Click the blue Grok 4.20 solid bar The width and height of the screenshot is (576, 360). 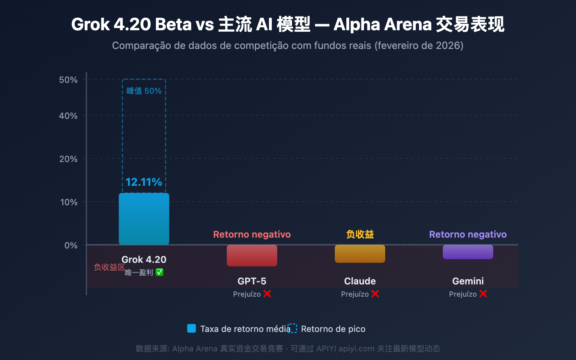144,219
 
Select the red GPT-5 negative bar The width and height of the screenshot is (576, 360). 252,256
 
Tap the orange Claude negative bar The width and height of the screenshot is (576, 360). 360,254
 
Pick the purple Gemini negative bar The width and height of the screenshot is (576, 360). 468,252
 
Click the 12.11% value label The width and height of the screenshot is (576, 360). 144,182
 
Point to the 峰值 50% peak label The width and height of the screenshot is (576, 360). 144,91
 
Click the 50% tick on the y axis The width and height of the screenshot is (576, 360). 68,80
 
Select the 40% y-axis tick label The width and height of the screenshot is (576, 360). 68,116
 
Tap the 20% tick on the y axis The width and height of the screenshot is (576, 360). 68,159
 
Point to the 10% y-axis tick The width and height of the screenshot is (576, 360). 69,202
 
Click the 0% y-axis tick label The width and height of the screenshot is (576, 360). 71,246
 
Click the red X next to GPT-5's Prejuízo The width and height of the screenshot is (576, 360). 267,294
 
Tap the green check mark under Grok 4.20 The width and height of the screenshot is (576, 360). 159,273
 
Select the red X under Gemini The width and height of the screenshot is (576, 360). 483,294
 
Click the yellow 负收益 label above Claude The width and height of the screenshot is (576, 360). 360,234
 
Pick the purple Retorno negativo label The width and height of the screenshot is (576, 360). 468,234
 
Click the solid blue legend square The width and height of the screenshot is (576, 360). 192,328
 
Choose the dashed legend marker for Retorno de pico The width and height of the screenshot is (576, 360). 292,328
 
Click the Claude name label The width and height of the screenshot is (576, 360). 360,281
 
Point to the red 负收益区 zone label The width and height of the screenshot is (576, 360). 109,267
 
